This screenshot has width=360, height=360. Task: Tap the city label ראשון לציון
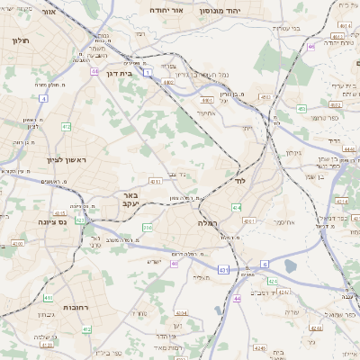click(68, 160)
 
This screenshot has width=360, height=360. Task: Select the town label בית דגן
click(118, 74)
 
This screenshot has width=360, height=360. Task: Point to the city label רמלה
click(208, 221)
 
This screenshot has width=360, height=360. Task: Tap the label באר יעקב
click(130, 199)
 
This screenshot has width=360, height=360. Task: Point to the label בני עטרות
click(283, 28)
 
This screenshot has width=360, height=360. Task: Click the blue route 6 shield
click(265, 263)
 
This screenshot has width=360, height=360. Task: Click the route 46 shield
click(311, 45)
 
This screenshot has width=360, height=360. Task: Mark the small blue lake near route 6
click(291, 266)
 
